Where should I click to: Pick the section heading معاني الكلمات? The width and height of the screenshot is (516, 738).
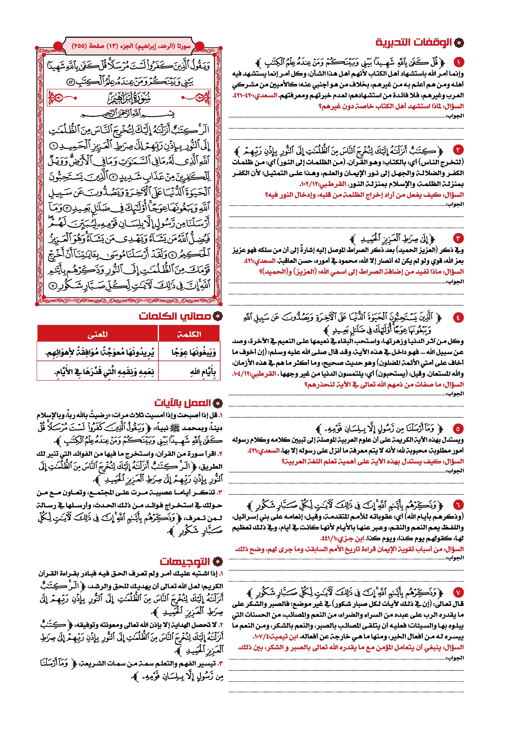175,316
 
